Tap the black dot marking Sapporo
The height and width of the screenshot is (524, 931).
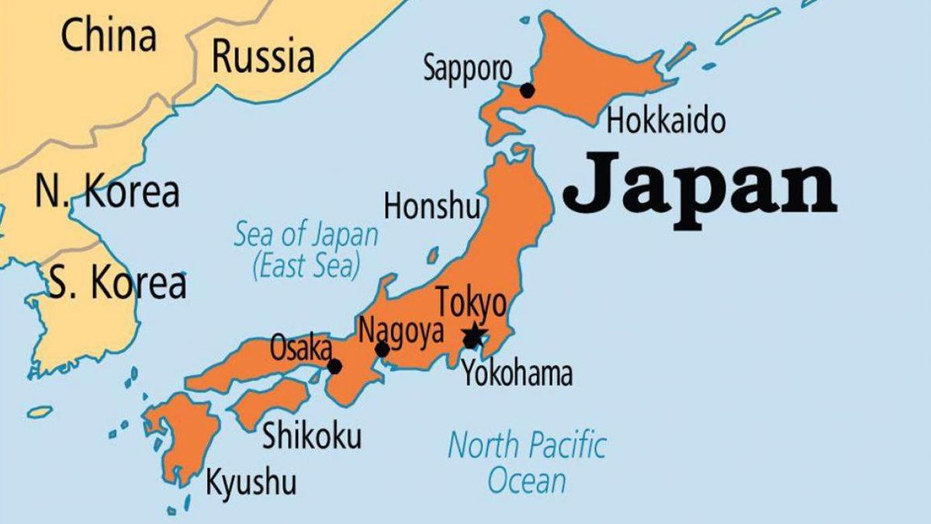(x=528, y=91)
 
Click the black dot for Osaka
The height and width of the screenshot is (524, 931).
(x=334, y=366)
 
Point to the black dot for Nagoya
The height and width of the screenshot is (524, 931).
(x=382, y=350)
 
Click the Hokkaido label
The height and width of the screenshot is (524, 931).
(x=666, y=121)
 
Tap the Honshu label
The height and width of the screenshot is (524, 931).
(x=432, y=207)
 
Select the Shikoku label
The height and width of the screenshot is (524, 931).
(x=311, y=436)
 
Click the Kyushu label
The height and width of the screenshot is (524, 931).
(x=251, y=482)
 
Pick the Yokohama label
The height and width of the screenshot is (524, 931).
(x=517, y=374)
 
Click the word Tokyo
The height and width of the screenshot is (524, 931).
(x=471, y=303)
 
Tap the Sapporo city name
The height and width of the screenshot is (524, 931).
(x=468, y=68)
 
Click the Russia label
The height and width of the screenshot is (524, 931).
(x=264, y=57)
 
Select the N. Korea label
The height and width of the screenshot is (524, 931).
(x=107, y=191)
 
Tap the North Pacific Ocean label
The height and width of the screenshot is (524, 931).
(x=527, y=462)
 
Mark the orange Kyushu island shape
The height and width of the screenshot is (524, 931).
(x=183, y=435)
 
